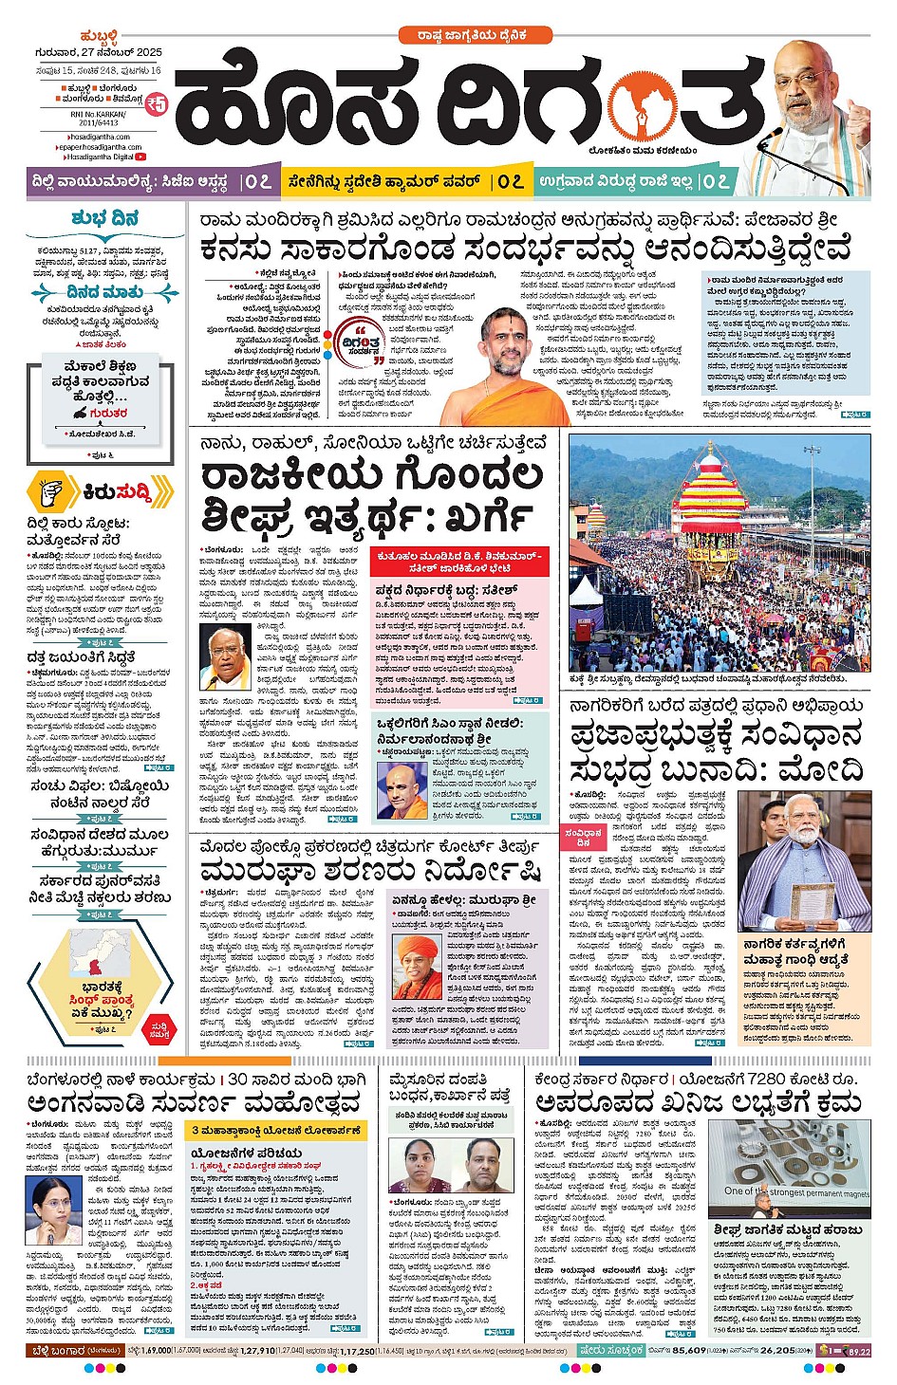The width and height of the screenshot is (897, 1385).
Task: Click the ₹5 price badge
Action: [x=156, y=102]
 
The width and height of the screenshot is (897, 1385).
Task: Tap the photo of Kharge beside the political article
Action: [x=225, y=655]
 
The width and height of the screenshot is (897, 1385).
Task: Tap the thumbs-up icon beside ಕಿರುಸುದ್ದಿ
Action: [x=52, y=492]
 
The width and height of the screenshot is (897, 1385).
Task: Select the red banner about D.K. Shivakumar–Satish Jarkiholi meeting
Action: [x=459, y=562]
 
